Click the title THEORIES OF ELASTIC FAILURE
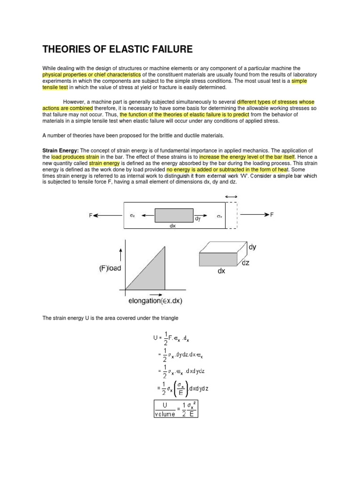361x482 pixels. (118, 49)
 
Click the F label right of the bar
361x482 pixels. (271, 215)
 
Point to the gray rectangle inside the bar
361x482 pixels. (173, 215)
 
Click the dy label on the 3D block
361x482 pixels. (252, 247)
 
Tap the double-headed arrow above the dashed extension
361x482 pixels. (231, 196)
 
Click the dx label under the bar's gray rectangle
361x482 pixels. (173, 225)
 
